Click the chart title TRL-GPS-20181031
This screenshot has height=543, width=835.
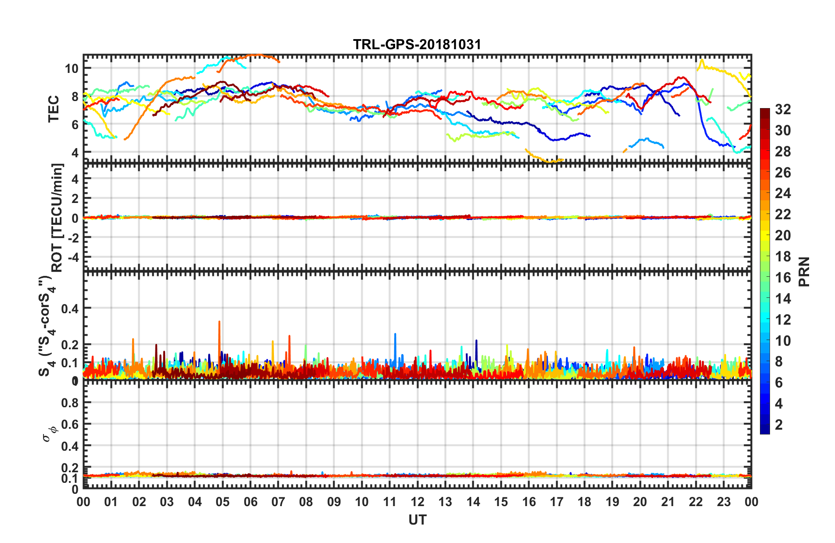pos(417,44)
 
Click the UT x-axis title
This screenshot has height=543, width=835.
pos(417,520)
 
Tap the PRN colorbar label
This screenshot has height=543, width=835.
pos(804,271)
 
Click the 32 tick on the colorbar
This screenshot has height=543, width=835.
pos(783,109)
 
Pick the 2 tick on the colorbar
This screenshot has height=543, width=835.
pos(779,424)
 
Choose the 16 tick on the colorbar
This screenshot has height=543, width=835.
pos(783,278)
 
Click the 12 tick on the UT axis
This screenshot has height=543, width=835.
pos(417,502)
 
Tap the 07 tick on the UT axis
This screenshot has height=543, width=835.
pos(278,502)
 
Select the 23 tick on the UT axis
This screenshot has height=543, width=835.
pos(723,502)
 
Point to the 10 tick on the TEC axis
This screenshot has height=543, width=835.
pos(71,69)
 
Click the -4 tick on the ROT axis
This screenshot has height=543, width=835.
pos(73,256)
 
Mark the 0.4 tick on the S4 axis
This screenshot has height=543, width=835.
pos(69,308)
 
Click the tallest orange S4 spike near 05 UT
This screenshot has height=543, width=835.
pos(219,322)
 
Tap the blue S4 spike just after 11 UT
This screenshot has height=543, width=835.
pos(395,335)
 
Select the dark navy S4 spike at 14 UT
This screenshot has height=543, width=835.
pos(476,341)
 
